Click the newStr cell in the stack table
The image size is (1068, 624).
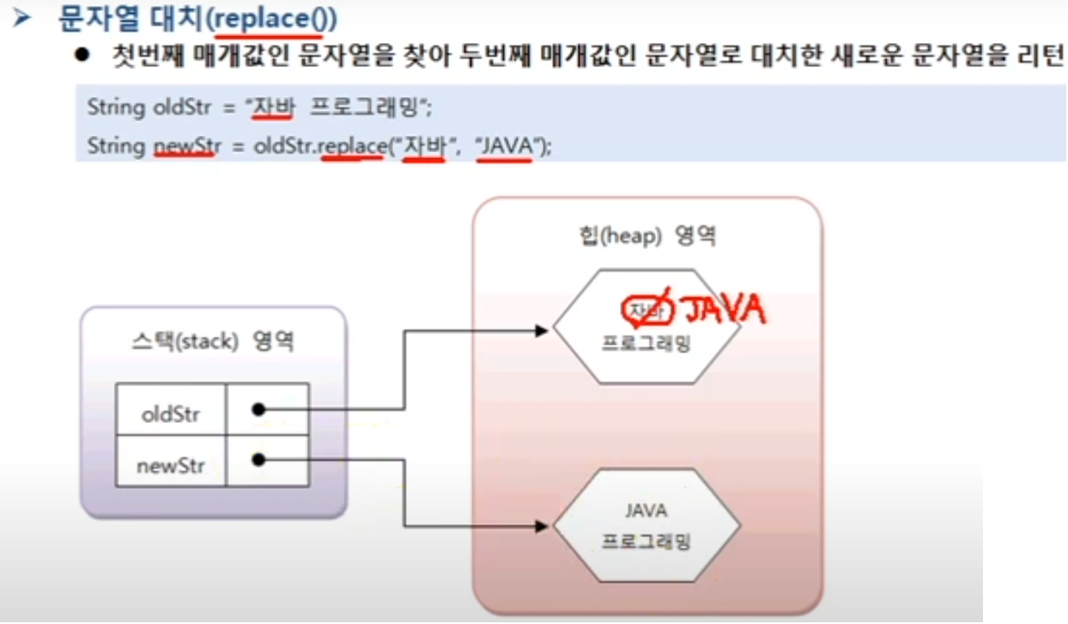(170, 465)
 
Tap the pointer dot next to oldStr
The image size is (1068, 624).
(258, 410)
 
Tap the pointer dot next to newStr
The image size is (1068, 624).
(258, 461)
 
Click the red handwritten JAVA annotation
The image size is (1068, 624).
(721, 309)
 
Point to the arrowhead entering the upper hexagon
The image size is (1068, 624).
(544, 330)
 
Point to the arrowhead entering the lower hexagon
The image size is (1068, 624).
(544, 523)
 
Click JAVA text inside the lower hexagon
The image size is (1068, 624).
(646, 511)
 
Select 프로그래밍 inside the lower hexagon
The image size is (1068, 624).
(646, 543)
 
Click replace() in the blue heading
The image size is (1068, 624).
(269, 18)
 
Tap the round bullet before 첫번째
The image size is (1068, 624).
(82, 57)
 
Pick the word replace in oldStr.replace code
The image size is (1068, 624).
(352, 146)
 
